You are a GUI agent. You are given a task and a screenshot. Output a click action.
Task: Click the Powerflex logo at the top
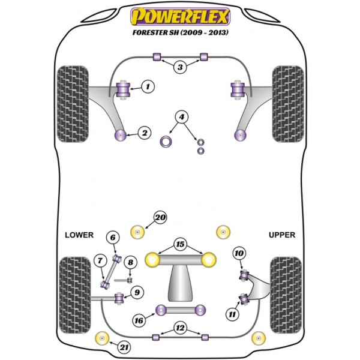180,17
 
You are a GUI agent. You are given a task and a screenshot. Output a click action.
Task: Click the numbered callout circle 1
148,86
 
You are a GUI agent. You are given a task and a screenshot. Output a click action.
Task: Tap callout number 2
145,133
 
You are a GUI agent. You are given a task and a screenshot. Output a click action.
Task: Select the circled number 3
180,67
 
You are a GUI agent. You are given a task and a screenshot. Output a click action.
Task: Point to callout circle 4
182,117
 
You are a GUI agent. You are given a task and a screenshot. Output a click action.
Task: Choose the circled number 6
113,238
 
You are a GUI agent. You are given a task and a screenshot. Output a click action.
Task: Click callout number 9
137,293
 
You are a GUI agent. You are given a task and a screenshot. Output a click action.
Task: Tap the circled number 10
239,253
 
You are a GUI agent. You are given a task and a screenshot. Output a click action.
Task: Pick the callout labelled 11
232,314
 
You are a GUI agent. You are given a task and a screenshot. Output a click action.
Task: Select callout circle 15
180,244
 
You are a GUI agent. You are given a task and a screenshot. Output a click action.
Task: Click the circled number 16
139,320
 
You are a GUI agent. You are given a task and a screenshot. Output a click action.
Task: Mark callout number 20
160,217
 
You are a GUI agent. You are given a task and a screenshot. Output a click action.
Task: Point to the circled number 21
124,347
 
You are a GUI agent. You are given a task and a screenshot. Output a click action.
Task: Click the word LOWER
79,235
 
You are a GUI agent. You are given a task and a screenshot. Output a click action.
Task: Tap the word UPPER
282,235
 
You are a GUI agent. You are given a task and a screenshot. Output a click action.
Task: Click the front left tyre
73,104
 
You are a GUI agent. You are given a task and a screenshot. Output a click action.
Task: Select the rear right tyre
286,295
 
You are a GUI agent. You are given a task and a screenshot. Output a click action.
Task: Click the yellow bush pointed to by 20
137,232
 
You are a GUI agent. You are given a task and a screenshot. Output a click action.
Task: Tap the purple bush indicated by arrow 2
121,136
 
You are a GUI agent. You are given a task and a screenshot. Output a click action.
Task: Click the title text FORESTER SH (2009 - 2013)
181,32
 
